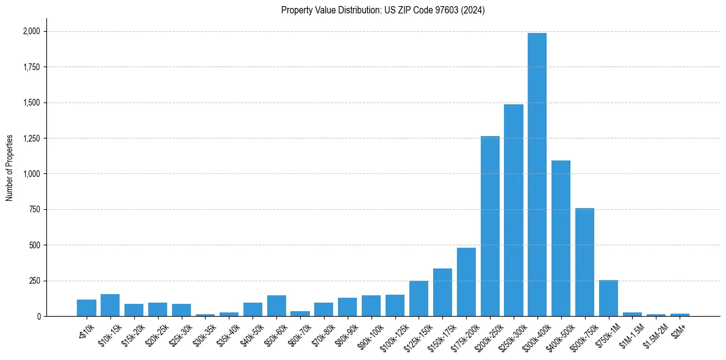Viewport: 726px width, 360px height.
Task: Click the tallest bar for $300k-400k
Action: pos(537,175)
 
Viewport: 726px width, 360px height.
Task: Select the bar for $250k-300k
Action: pos(513,211)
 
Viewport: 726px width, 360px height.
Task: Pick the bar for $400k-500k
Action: pos(561,239)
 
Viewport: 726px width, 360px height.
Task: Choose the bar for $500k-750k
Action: pos(584,262)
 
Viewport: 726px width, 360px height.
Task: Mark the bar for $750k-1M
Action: pos(608,298)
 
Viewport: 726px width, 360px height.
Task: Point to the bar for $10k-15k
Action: pos(110,305)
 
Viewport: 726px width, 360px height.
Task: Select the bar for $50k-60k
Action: pos(276,306)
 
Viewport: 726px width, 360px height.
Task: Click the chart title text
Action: pos(383,10)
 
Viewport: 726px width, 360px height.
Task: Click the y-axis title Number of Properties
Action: pos(10,168)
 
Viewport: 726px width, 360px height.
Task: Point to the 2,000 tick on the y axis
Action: pos(31,31)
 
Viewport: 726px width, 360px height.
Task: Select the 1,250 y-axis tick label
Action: pos(31,139)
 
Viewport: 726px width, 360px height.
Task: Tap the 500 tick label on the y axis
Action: pos(35,245)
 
